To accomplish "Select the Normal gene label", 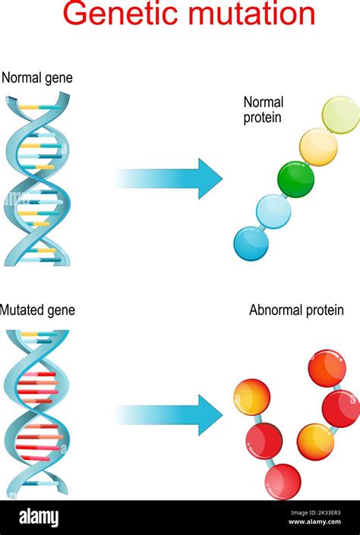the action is (37, 78).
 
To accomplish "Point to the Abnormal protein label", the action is (296, 310).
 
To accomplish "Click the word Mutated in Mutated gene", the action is (22, 310).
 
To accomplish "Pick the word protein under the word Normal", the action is (262, 118).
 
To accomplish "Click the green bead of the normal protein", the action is (295, 179).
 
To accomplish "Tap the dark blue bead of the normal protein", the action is (251, 244).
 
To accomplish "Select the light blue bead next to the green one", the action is (273, 211).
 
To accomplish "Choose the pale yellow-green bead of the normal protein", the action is (341, 115).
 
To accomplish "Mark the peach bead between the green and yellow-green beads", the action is (319, 146).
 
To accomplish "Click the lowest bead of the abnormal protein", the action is (283, 481).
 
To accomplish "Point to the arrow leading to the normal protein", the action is (169, 178).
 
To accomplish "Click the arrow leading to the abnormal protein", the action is (169, 415).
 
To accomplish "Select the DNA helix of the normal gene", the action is (37, 179).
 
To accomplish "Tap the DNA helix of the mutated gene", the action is (37, 413).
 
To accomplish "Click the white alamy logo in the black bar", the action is (39, 518).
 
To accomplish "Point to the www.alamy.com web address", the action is (314, 521).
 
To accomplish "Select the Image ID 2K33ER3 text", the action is (316, 512).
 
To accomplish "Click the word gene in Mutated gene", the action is (61, 311).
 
